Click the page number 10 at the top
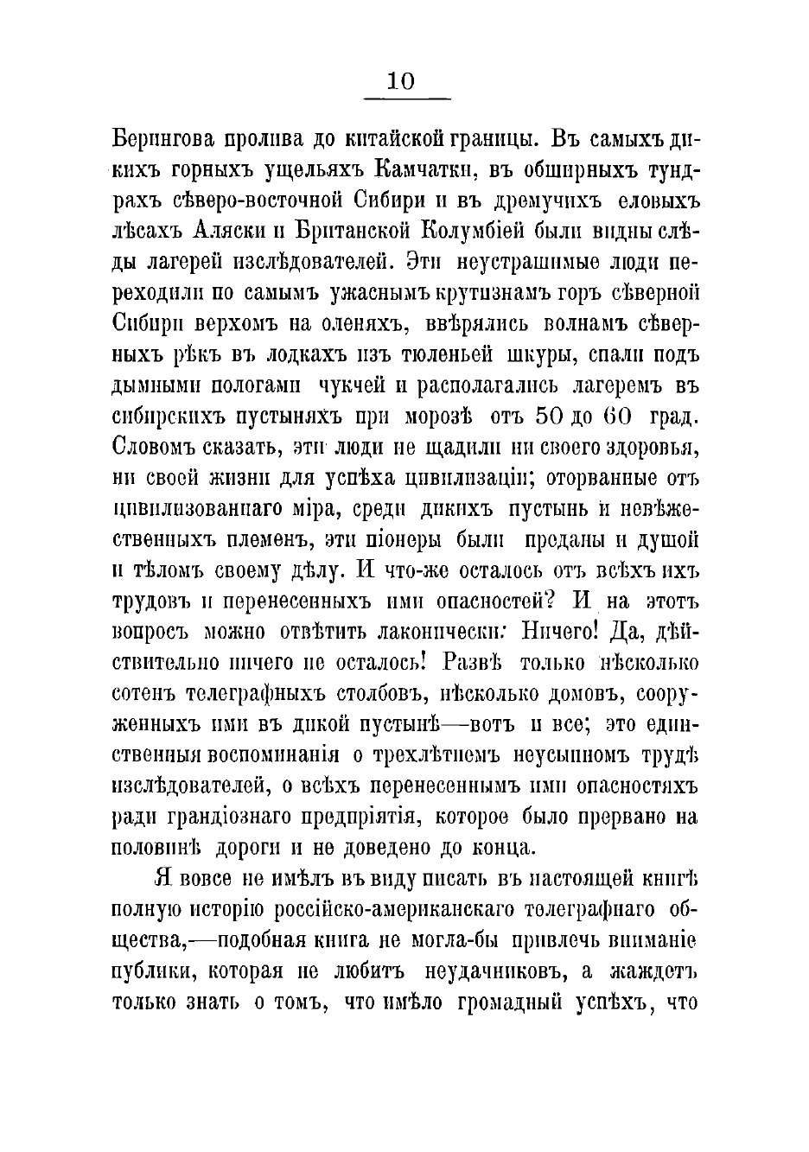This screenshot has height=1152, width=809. click(402, 81)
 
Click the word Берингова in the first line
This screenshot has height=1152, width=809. click(155, 139)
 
